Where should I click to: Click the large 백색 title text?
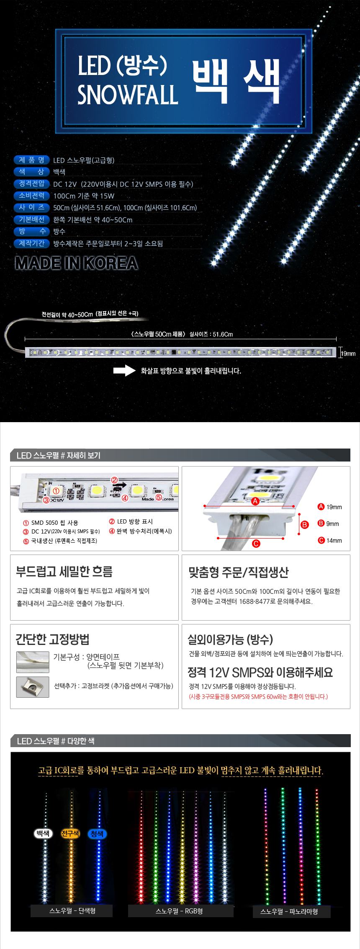pyautogui.click(x=236, y=82)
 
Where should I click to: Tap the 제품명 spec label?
pyautogui.click(x=32, y=160)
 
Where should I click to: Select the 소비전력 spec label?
pyautogui.click(x=32, y=196)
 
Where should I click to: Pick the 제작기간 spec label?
pyautogui.click(x=32, y=243)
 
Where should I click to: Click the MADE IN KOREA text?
pyautogui.click(x=77, y=263)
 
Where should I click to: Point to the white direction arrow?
pyautogui.click(x=124, y=371)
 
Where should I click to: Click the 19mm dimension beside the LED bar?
pyautogui.click(x=348, y=354)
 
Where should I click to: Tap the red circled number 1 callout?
pyautogui.click(x=56, y=490)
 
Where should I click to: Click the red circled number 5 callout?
pyautogui.click(x=159, y=497)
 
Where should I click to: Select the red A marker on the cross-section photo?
pyautogui.click(x=255, y=501)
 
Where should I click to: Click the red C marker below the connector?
pyautogui.click(x=256, y=544)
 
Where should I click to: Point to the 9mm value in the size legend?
pyautogui.click(x=333, y=524)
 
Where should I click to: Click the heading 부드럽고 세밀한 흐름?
pyautogui.click(x=64, y=572)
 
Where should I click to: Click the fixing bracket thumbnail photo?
pyautogui.click(x=33, y=687)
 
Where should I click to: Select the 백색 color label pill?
pyautogui.click(x=43, y=834)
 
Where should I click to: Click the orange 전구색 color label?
pyautogui.click(x=70, y=834)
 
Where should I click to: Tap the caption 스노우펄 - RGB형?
pyautogui.click(x=179, y=911)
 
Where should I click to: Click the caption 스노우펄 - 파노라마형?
pyautogui.click(x=289, y=911)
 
